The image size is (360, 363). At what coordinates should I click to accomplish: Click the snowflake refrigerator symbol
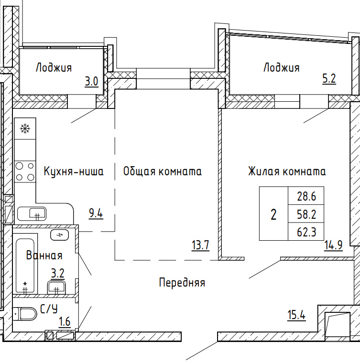point(25,128)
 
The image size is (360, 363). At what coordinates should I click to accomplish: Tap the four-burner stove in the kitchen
point(25,172)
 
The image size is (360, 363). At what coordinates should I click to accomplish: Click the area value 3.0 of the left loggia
point(91,81)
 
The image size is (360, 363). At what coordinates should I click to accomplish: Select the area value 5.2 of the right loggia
point(329,79)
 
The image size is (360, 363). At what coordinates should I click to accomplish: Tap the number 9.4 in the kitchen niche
point(96,214)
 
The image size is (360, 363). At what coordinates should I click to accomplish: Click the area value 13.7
point(200,246)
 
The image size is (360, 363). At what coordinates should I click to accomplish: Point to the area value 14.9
point(333,246)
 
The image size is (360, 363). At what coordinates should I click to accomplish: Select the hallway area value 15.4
point(296,315)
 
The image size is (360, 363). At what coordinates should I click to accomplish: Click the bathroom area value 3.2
point(58,273)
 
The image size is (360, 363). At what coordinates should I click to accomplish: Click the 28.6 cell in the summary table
point(306,196)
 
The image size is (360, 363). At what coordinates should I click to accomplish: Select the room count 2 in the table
point(273,214)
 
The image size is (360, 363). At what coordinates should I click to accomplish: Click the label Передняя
point(182,283)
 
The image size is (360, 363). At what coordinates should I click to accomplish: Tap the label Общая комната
point(163,171)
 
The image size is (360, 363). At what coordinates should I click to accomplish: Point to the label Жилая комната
point(287,171)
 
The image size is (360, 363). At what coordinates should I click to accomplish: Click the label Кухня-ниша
point(74,171)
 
